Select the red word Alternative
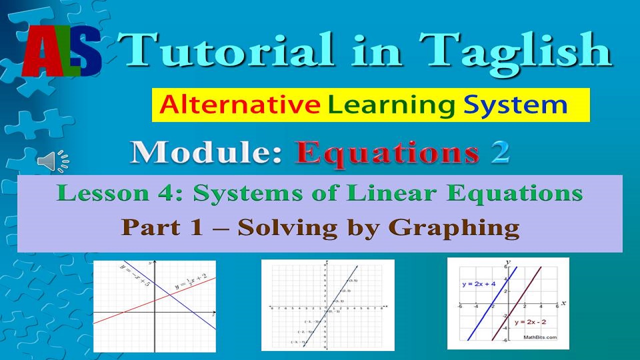click(240, 105)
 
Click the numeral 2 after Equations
click(499, 153)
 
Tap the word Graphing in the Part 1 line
click(454, 227)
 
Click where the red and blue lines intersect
click(168, 294)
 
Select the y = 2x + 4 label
click(478, 284)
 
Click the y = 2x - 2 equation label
click(530, 322)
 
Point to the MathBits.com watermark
click(540, 337)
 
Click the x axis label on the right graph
click(563, 303)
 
